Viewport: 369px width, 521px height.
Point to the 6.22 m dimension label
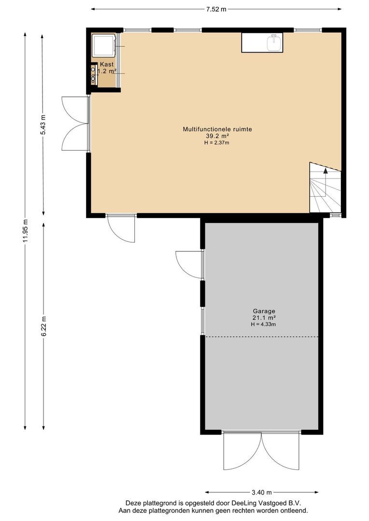click(43, 326)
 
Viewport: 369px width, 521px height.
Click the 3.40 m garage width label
click(262, 493)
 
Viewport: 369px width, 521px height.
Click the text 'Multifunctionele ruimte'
click(217, 129)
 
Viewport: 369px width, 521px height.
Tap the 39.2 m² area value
click(217, 136)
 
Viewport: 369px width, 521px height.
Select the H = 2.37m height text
click(217, 142)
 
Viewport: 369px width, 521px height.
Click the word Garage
click(264, 311)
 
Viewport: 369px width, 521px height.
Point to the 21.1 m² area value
click(264, 318)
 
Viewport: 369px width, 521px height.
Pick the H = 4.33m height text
click(264, 325)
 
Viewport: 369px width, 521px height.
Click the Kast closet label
click(107, 65)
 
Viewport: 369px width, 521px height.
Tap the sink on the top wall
click(274, 42)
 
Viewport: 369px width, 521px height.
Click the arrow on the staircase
click(326, 170)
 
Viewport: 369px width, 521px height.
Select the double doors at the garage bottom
click(261, 451)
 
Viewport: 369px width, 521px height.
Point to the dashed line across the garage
click(262, 337)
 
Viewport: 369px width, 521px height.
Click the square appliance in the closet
click(104, 45)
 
